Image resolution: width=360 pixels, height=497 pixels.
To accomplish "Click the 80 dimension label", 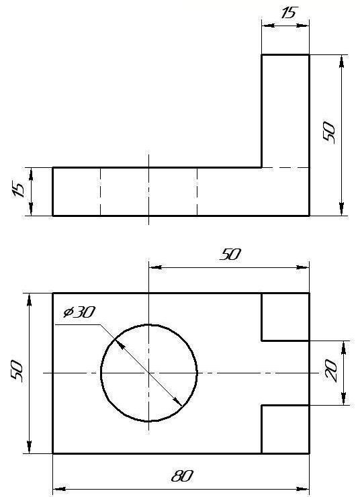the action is pos(182,476).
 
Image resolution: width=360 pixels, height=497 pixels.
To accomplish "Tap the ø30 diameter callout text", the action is pos(79,312).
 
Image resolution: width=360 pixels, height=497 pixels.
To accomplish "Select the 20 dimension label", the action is pos(331,370).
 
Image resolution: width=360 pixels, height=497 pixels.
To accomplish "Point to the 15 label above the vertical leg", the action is pos(288,13).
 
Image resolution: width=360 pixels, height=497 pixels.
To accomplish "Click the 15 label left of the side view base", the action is pos(19,190).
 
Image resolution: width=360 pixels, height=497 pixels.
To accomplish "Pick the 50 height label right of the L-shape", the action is pos(328,133).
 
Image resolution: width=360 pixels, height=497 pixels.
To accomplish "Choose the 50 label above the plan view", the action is pos(230,254).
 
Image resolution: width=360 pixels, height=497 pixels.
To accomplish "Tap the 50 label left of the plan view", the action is pos(17,371).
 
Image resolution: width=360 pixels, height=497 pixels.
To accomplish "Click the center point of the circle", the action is pos(149,373).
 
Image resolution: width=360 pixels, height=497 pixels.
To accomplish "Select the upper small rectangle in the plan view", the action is pos(285,317).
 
